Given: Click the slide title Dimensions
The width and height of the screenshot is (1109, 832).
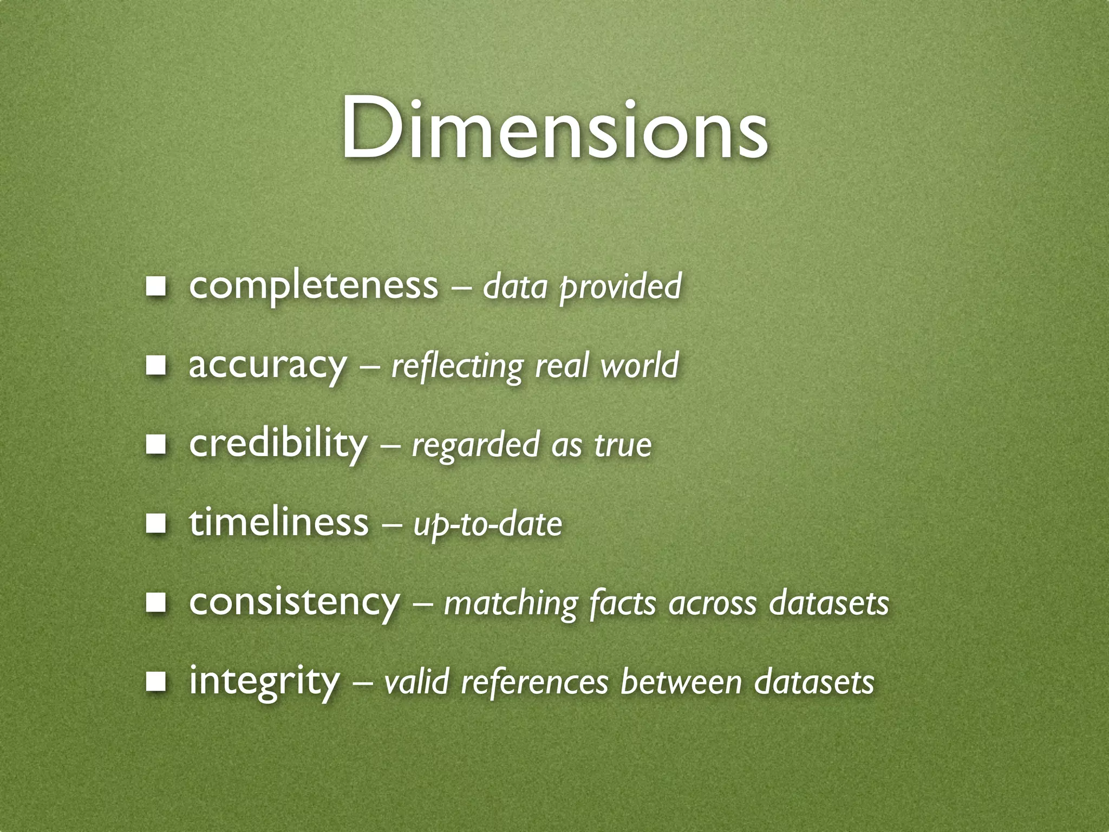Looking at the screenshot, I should click(x=553, y=130).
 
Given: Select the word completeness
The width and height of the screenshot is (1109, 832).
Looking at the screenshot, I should click(x=313, y=285).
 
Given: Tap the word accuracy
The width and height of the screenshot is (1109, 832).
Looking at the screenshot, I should click(x=266, y=365).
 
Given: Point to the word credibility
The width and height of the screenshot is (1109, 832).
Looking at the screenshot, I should click(x=278, y=444).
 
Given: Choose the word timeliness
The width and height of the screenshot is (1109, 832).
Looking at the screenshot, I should click(x=278, y=523).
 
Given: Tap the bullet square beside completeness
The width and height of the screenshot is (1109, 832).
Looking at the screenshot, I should click(x=155, y=286).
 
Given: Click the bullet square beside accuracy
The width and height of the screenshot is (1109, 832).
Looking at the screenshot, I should click(x=155, y=365).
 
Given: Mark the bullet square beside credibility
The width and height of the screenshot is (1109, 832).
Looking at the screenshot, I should click(x=155, y=444).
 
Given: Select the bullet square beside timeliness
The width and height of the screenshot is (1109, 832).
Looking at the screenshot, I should click(x=155, y=524).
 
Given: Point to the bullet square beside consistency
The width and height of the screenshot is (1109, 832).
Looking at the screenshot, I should click(x=155, y=603).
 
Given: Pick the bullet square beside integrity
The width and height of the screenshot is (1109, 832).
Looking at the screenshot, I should click(x=155, y=682).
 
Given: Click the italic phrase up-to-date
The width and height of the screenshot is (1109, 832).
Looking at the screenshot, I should click(x=487, y=525).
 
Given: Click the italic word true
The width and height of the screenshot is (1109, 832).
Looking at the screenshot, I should click(x=623, y=445).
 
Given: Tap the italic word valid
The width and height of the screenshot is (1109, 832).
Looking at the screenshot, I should click(x=416, y=682).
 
